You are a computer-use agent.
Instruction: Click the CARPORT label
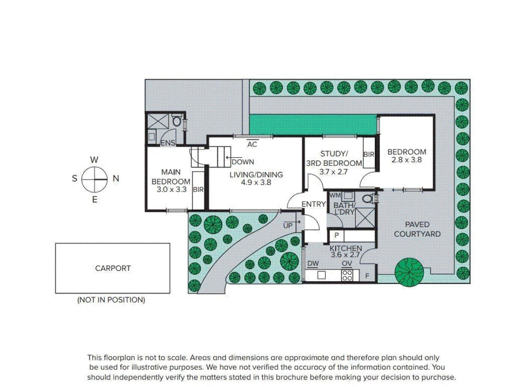(x=113, y=268)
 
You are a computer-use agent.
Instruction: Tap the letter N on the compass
(x=116, y=178)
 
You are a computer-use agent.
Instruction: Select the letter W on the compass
(x=94, y=160)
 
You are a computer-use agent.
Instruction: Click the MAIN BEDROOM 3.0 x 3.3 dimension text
(x=172, y=190)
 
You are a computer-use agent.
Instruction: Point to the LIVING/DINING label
(x=256, y=175)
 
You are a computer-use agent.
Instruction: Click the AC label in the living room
(x=252, y=144)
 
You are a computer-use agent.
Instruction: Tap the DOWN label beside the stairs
(x=243, y=162)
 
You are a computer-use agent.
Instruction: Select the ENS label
(x=168, y=143)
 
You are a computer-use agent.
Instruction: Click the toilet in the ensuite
(x=177, y=121)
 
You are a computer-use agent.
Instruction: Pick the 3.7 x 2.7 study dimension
(x=333, y=172)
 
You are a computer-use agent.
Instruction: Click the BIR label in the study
(x=369, y=154)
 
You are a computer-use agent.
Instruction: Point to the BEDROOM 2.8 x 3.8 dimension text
(x=406, y=160)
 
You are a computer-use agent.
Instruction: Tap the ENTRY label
(x=313, y=204)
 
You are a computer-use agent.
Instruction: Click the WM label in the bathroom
(x=335, y=195)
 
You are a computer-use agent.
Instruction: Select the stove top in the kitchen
(x=347, y=275)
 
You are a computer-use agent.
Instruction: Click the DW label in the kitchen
(x=313, y=264)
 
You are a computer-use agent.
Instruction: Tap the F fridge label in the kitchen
(x=367, y=276)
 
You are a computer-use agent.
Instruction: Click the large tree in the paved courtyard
(x=409, y=272)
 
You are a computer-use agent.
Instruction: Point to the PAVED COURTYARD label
(x=417, y=229)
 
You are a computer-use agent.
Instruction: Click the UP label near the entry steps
(x=288, y=226)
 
